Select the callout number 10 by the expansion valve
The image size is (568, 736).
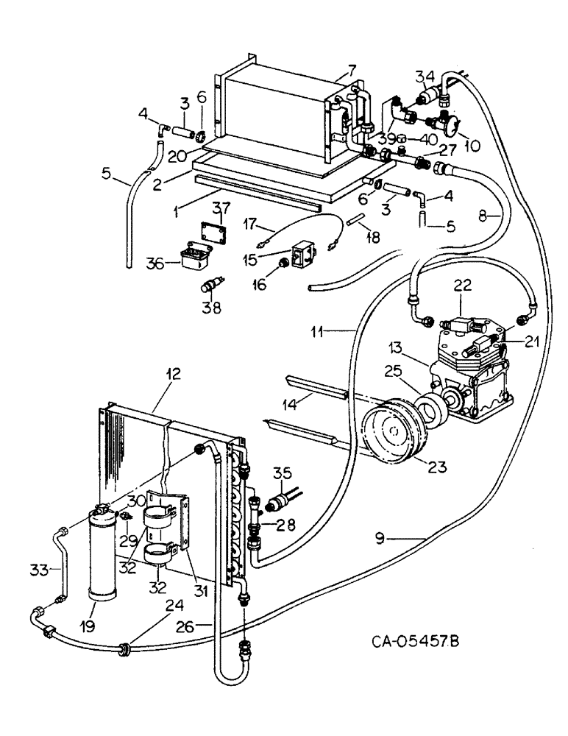pos(470,146)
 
